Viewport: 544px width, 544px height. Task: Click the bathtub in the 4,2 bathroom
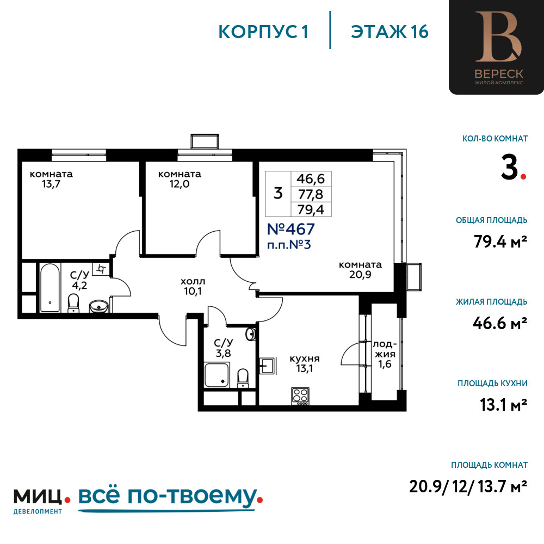tap(50, 288)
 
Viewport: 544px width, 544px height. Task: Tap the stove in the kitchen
tap(300, 396)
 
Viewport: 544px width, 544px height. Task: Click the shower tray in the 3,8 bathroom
tap(217, 375)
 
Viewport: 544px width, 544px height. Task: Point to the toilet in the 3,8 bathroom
tap(243, 378)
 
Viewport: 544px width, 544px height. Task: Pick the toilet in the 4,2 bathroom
tap(73, 303)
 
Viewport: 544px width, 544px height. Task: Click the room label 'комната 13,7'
tap(51, 179)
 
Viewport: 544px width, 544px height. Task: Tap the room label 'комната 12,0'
tap(180, 179)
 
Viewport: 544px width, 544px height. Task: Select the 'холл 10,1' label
tap(193, 286)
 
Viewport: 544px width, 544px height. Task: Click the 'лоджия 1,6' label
tap(385, 354)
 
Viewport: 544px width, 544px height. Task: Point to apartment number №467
tap(290, 229)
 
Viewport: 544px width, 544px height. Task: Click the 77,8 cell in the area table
tap(311, 195)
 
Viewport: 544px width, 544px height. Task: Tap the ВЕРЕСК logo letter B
tap(498, 36)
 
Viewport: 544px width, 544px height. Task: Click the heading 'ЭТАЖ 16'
tap(390, 32)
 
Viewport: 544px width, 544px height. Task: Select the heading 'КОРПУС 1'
tap(263, 32)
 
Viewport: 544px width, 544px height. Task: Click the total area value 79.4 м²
tap(500, 242)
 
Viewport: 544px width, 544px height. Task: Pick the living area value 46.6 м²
tap(500, 323)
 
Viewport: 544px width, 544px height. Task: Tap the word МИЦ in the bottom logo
tap(38, 497)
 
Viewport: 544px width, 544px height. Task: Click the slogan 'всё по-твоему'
tap(167, 497)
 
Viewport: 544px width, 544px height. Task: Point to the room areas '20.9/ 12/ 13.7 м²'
tap(468, 486)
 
